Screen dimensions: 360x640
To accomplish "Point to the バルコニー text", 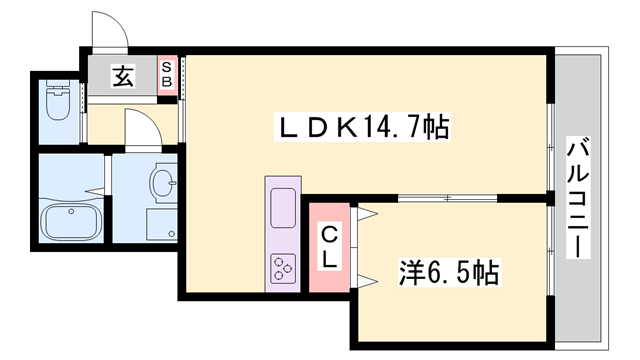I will click(577, 198).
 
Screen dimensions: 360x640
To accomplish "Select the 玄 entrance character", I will click(123, 76).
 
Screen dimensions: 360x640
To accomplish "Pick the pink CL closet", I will click(329, 247).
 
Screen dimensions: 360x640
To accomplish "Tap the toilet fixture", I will click(56, 104).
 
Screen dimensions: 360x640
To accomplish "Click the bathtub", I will click(69, 224).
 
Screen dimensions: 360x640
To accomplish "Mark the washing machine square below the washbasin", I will click(160, 222).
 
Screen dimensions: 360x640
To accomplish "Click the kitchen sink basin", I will click(281, 208).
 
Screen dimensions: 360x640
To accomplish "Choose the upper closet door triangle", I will click(363, 214).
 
